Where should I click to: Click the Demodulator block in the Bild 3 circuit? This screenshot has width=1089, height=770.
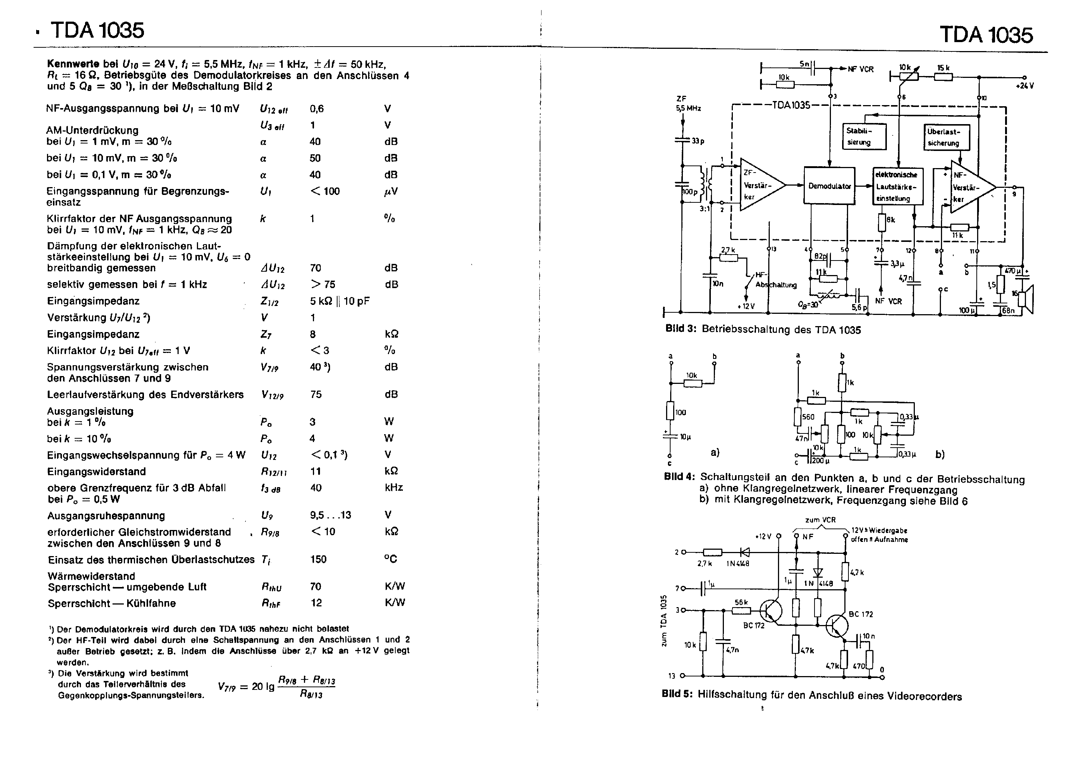pyautogui.click(x=829, y=186)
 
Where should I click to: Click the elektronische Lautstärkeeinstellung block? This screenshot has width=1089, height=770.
pyautogui.click(x=898, y=186)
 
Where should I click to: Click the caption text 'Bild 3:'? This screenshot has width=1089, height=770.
pyautogui.click(x=681, y=329)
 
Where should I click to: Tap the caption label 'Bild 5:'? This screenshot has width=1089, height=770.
pyautogui.click(x=677, y=695)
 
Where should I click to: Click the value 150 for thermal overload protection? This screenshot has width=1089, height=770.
pyautogui.click(x=318, y=559)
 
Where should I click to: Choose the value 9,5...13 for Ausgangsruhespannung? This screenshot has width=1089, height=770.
pyautogui.click(x=330, y=515)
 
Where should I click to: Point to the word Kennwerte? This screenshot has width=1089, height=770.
pyautogui.click(x=73, y=64)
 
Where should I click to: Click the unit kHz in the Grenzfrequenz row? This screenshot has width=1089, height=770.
pyautogui.click(x=394, y=488)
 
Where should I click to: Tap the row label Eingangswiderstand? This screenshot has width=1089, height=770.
pyautogui.click(x=96, y=472)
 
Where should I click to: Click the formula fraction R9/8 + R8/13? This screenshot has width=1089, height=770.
pyautogui.click(x=307, y=687)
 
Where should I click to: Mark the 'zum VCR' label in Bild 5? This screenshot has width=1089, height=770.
pyautogui.click(x=820, y=520)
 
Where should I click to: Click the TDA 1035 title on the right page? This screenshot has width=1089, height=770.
pyautogui.click(x=986, y=35)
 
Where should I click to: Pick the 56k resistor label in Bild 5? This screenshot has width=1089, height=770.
pyautogui.click(x=741, y=603)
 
